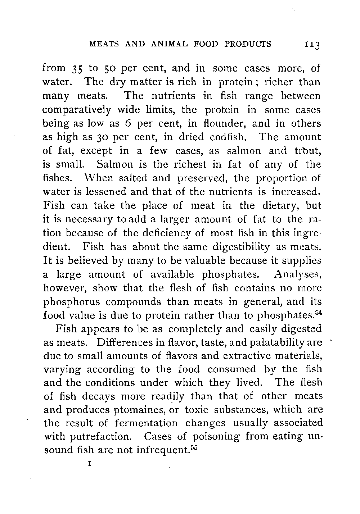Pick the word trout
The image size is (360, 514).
click(x=307, y=151)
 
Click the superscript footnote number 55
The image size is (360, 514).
click(x=195, y=447)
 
